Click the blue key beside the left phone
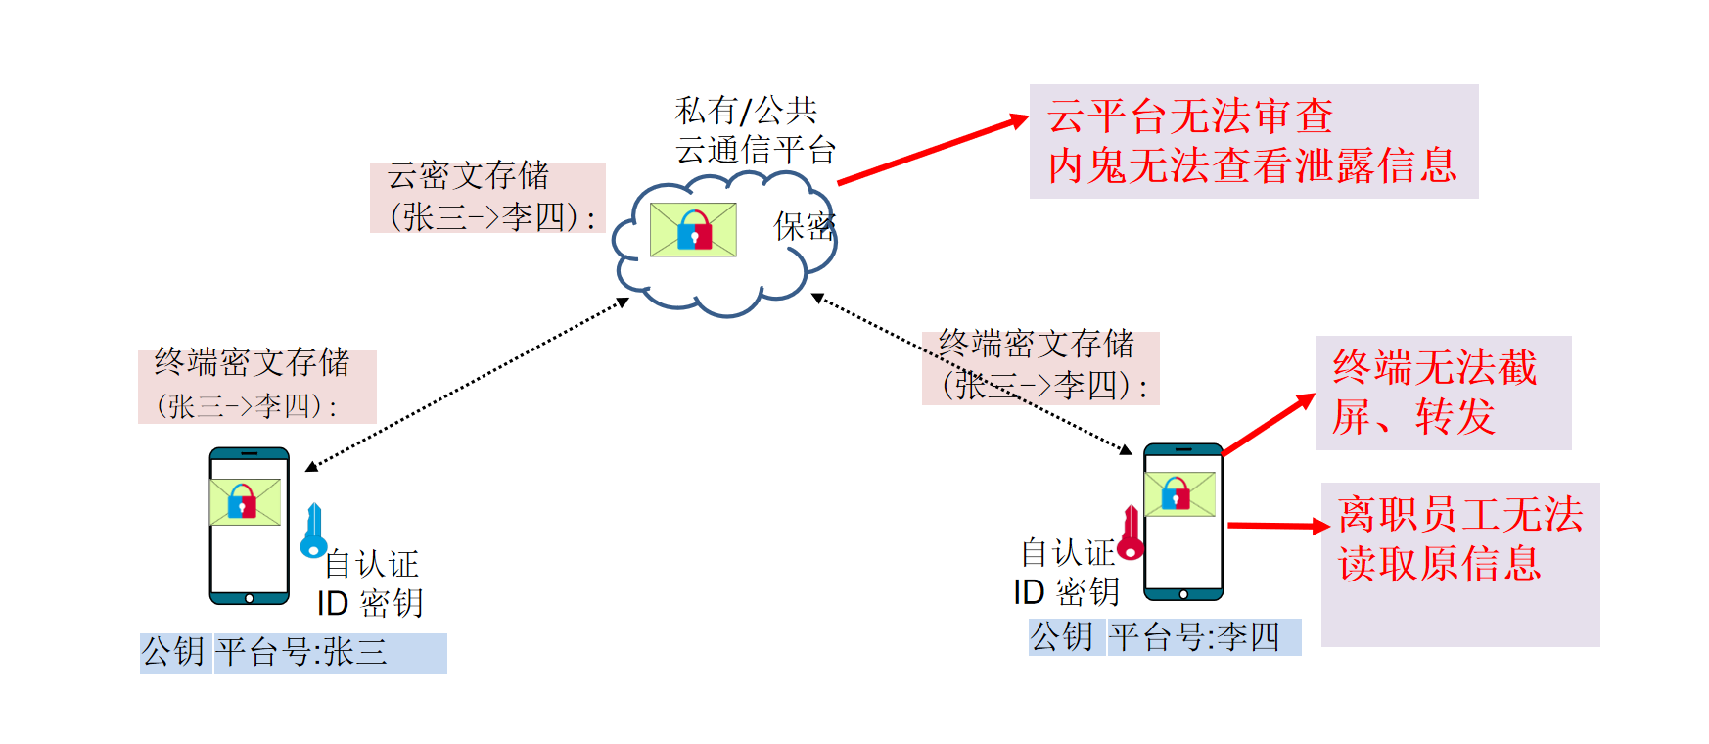313,532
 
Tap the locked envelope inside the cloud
693,230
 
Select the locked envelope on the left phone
245,502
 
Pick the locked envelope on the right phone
1179,494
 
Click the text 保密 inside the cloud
804,227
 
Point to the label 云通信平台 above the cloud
755,151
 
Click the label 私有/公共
746,111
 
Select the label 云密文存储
468,176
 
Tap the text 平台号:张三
301,652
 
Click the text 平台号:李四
1194,637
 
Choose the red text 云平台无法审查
1189,116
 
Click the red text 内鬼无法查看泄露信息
1252,166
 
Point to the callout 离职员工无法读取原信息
1459,539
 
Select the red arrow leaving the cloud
930,150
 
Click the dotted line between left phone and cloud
468,384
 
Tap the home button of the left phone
250,598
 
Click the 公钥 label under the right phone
1062,637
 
